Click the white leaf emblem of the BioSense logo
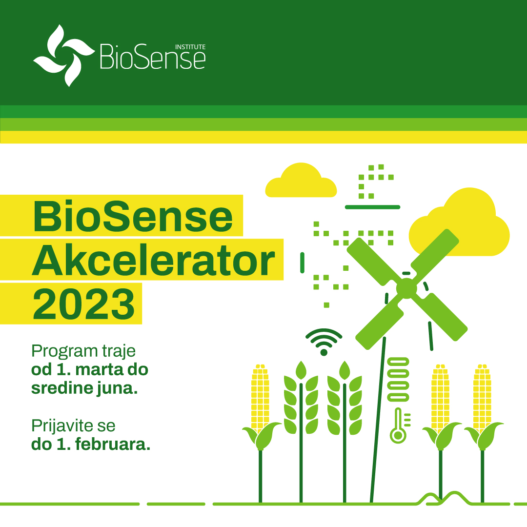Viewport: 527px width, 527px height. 63,56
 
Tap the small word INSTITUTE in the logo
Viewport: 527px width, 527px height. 190,47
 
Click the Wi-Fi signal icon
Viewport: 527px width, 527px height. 324,342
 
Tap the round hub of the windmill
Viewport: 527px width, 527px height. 406,288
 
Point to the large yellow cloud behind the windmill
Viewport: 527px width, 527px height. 459,222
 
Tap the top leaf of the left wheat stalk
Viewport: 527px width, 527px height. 301,370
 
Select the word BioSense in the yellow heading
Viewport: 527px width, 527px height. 133,216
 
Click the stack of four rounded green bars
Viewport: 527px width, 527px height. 398,380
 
